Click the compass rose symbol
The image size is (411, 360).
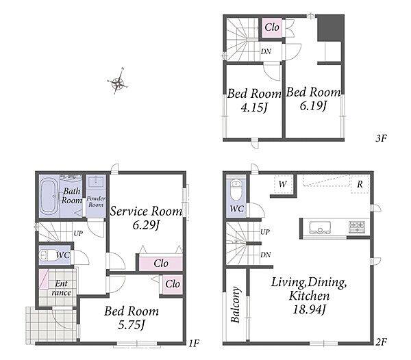[118, 81]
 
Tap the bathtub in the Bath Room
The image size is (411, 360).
[48, 196]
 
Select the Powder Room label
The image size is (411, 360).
[96, 201]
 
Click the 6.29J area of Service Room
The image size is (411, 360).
[146, 225]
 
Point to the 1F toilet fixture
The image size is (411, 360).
[47, 255]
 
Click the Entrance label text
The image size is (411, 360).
[61, 288]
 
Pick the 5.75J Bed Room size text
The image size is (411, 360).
[132, 325]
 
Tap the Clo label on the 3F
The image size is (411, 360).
[272, 27]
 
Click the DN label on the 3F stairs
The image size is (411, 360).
[266, 51]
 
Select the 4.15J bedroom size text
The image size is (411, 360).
[254, 107]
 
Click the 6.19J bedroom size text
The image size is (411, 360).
[313, 106]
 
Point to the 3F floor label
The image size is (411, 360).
[381, 138]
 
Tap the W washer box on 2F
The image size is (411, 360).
[283, 185]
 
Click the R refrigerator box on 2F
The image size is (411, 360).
[360, 184]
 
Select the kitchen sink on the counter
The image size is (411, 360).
[320, 227]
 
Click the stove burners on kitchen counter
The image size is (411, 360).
[357, 227]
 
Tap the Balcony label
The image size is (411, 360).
[235, 305]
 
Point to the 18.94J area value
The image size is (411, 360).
[309, 310]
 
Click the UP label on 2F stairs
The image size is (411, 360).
[265, 232]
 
